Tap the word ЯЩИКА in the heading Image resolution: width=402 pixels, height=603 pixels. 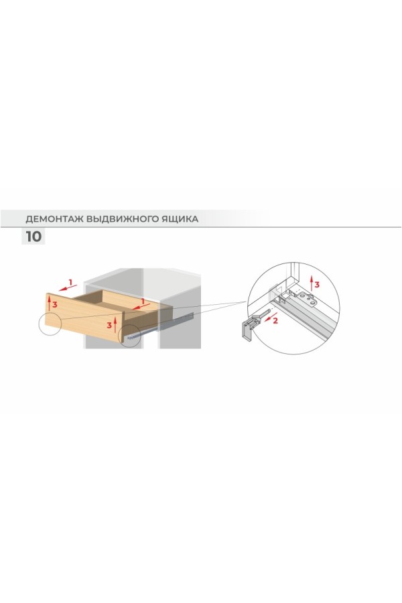point(180,219)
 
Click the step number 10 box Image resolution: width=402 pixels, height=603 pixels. point(33,236)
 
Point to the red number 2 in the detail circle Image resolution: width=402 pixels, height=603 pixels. point(275,320)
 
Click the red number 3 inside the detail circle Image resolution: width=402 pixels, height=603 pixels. point(317,285)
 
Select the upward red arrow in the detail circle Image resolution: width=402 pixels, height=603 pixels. point(311,283)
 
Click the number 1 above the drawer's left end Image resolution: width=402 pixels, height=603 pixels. point(70,283)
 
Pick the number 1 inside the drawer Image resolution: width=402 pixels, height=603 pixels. point(143,301)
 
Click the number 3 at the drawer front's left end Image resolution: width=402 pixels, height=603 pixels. point(55,305)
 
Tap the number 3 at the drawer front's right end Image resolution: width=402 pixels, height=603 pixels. point(109,326)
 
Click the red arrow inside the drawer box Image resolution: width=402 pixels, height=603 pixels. point(140,306)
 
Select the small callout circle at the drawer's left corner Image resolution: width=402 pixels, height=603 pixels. point(50,324)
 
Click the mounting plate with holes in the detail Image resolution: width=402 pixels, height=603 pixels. point(309,298)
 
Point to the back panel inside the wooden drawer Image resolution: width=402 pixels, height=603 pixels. point(131,298)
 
